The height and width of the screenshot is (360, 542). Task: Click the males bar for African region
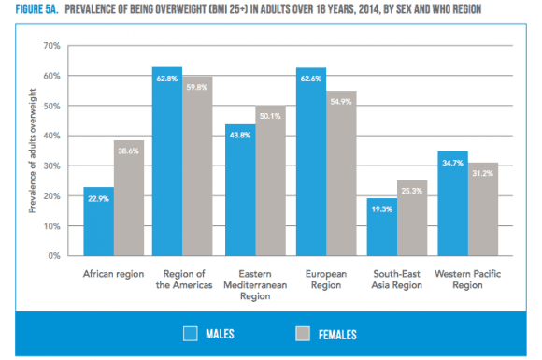(x=98, y=221)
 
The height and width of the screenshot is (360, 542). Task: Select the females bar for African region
(x=127, y=197)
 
